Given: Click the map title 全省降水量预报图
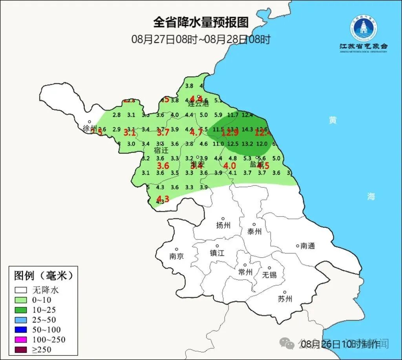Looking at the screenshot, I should pyautogui.click(x=201, y=22).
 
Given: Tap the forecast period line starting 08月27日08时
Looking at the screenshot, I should pyautogui.click(x=201, y=39).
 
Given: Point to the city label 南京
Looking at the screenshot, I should pyautogui.click(x=177, y=256).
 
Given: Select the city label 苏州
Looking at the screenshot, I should pyautogui.click(x=285, y=299).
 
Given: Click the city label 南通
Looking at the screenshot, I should pyautogui.click(x=308, y=246).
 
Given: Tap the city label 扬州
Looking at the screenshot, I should pyautogui.click(x=223, y=225).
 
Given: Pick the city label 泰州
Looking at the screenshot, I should pyautogui.click(x=254, y=231).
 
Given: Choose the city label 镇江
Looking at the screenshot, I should pyautogui.click(x=217, y=253).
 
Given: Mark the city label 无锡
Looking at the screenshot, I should pyautogui.click(x=269, y=275).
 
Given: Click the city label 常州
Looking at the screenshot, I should pyautogui.click(x=245, y=272).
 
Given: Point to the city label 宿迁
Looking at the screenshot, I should pyautogui.click(x=161, y=150).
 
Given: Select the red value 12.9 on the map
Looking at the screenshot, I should pyautogui.click(x=230, y=133).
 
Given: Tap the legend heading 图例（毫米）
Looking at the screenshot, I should pyautogui.click(x=44, y=276).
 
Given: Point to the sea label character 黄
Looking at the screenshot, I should pyautogui.click(x=333, y=121).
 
